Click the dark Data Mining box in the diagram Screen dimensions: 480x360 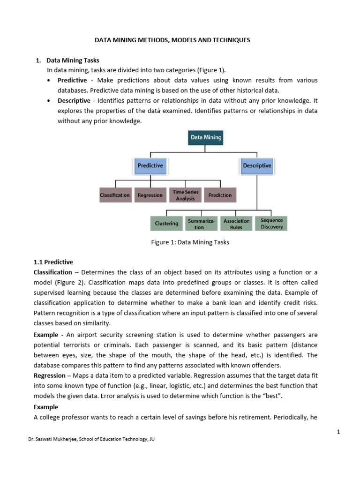[206, 138]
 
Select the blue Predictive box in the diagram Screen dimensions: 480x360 [150, 165]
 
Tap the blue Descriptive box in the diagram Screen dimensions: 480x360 [257, 165]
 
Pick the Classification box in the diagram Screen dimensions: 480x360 [115, 195]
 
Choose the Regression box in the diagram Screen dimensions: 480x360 [150, 195]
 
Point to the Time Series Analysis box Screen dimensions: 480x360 [185, 195]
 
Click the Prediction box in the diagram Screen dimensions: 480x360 [220, 195]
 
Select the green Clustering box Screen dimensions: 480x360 [167, 224]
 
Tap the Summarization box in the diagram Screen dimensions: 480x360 [202, 224]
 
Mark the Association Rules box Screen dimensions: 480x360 [236, 224]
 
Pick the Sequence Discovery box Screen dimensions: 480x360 [272, 224]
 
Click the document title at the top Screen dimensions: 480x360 [172, 40]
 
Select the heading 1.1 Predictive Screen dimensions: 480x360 [53, 262]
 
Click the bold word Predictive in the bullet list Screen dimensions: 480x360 [72, 81]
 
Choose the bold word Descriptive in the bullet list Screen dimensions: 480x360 [74, 101]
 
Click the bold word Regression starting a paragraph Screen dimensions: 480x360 [49, 375]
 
